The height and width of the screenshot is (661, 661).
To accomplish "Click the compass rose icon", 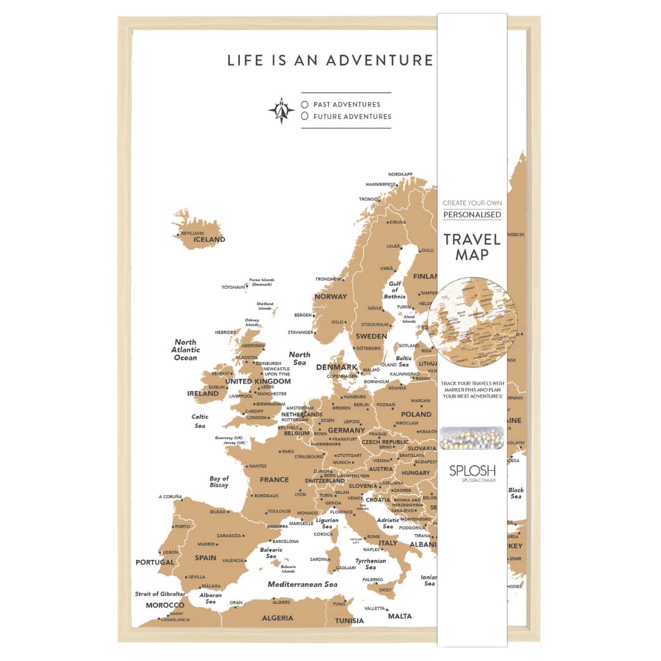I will click(x=282, y=110).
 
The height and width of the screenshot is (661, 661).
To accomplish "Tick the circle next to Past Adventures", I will click(x=304, y=105).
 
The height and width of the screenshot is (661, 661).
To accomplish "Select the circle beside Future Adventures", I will click(x=304, y=116).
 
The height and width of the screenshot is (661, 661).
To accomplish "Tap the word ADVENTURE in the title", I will click(x=379, y=60).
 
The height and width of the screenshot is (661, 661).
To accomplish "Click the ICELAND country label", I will click(x=209, y=239).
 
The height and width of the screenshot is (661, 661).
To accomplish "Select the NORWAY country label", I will click(x=330, y=296).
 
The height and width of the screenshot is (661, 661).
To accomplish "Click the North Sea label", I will click(x=299, y=359).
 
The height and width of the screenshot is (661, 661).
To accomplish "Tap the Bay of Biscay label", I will click(x=219, y=482).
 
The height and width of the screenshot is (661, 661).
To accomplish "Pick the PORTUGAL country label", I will click(x=155, y=562).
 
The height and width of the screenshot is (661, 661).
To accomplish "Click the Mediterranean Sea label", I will click(x=302, y=584).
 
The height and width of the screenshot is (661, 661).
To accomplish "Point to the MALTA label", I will click(x=400, y=616).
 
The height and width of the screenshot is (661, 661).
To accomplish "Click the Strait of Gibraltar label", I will click(x=160, y=594).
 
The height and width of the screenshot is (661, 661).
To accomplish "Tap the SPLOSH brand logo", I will click(x=472, y=471).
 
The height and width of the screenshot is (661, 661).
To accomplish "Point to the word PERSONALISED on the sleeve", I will click(x=472, y=215).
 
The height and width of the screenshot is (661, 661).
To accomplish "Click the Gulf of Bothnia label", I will click(x=395, y=290).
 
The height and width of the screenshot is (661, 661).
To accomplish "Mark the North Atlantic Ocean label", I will click(x=185, y=350).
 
